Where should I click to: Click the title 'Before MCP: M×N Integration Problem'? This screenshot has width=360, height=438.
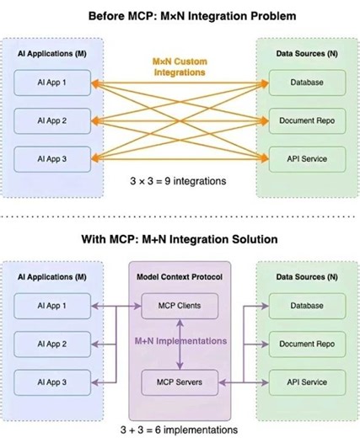[x=180, y=15]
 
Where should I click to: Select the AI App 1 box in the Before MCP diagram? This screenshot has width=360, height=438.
[x=55, y=83]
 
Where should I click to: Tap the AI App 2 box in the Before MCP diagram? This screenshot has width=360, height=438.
[x=55, y=120]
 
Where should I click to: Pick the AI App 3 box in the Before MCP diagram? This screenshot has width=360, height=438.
[x=55, y=158]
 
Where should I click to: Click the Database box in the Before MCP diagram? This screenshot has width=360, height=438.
[x=306, y=83]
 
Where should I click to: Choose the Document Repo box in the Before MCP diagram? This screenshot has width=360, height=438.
[x=306, y=120]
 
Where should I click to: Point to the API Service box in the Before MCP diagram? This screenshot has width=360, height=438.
[x=306, y=158]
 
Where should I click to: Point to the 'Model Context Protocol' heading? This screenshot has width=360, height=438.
[x=180, y=278]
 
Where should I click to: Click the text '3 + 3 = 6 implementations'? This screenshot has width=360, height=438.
[x=180, y=429]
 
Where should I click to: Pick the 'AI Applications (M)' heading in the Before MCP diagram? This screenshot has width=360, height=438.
[x=54, y=53]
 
